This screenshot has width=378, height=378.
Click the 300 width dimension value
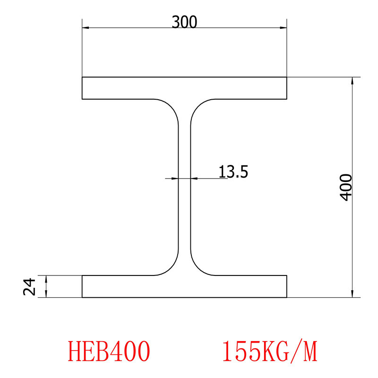(184, 22)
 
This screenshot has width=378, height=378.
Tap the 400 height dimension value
(346, 187)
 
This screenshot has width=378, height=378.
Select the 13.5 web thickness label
(233, 171)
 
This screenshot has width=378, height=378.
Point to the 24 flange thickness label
(30, 286)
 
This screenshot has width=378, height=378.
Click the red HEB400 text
(110, 351)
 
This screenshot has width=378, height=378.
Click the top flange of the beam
(184, 88)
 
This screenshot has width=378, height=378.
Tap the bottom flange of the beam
(184, 286)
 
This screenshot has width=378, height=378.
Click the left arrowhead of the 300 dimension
(86, 28)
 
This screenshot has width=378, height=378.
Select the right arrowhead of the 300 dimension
(283, 28)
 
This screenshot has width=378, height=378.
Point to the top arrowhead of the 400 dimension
(352, 81)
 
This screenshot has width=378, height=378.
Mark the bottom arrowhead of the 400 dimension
(352, 293)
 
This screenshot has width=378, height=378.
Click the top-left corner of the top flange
(82, 77)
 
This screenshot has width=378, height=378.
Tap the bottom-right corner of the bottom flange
(287, 297)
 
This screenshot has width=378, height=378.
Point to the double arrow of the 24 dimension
(46, 286)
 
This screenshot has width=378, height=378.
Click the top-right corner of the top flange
(287, 77)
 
